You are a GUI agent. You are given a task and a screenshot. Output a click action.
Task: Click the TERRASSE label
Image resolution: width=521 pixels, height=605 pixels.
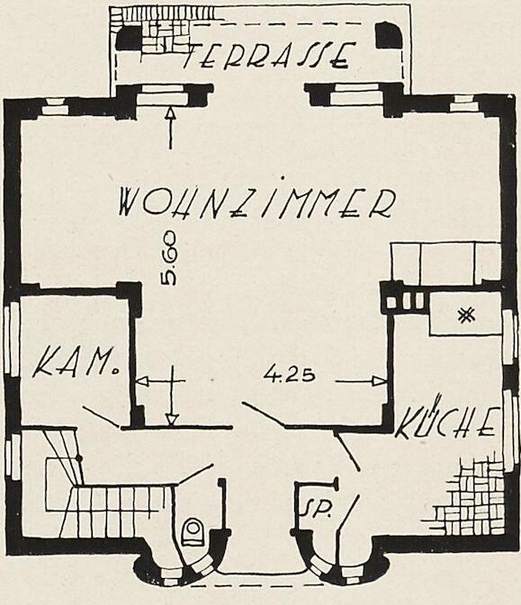268,56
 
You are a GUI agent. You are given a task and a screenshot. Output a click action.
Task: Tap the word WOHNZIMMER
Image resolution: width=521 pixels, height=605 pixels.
256,200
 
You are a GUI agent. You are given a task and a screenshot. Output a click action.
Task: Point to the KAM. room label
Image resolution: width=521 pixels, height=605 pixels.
76,362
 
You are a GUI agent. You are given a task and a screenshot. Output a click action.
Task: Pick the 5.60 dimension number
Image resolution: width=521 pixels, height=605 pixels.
169,259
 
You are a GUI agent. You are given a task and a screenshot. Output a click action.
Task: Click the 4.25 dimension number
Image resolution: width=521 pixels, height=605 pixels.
289,374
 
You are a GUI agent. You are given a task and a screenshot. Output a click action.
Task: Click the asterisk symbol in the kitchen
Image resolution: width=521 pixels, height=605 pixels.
466,316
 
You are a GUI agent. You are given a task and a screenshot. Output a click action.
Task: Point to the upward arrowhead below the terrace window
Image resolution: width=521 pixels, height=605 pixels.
170,111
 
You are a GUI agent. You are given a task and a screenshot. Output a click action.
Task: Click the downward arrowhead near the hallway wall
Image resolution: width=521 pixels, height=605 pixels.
172,420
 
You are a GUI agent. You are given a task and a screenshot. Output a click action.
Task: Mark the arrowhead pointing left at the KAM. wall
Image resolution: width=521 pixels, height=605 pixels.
142,381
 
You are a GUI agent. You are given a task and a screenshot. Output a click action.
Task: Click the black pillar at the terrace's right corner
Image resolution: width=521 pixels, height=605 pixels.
390,35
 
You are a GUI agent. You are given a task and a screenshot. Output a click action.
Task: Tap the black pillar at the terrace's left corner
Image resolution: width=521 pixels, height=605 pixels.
130,40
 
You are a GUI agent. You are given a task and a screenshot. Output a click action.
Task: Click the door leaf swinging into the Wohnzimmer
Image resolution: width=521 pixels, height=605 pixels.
263,414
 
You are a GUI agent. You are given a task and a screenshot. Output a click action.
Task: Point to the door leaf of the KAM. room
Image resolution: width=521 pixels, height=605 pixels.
101,417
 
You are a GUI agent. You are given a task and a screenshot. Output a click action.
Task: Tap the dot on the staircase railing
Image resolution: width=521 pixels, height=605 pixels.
79,458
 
